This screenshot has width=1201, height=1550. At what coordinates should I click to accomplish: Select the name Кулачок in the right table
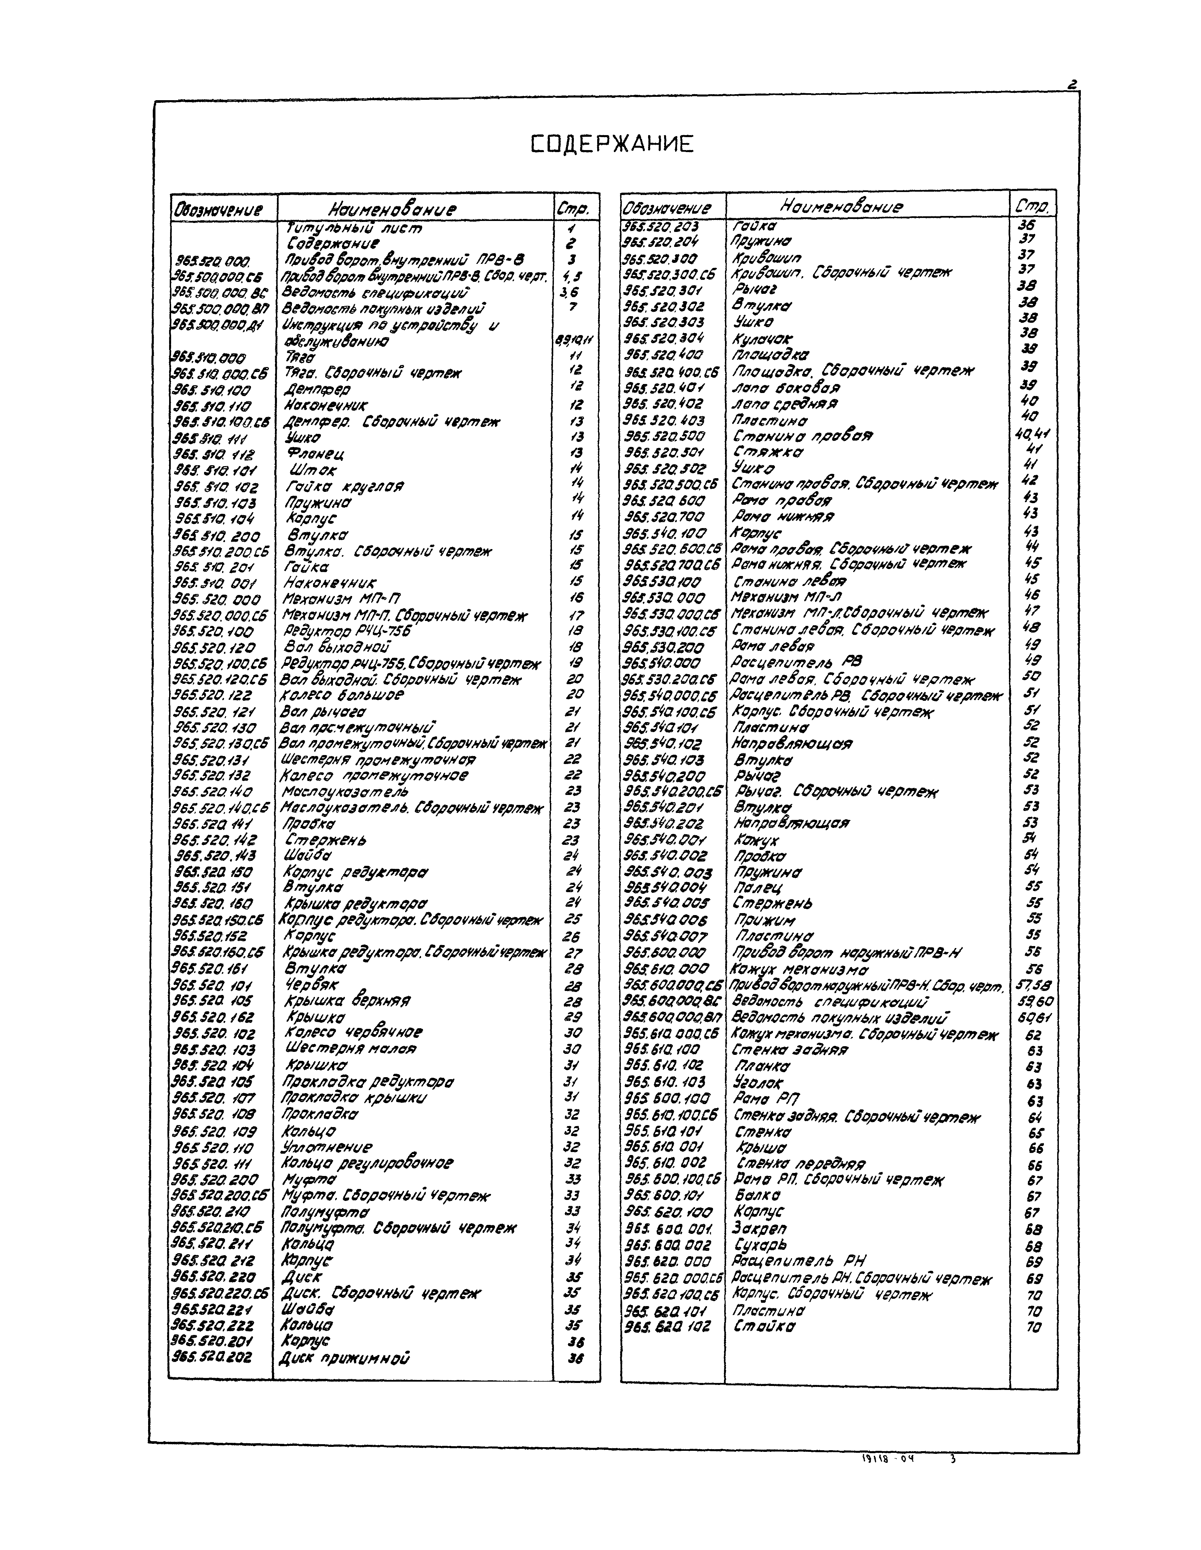(762, 338)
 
